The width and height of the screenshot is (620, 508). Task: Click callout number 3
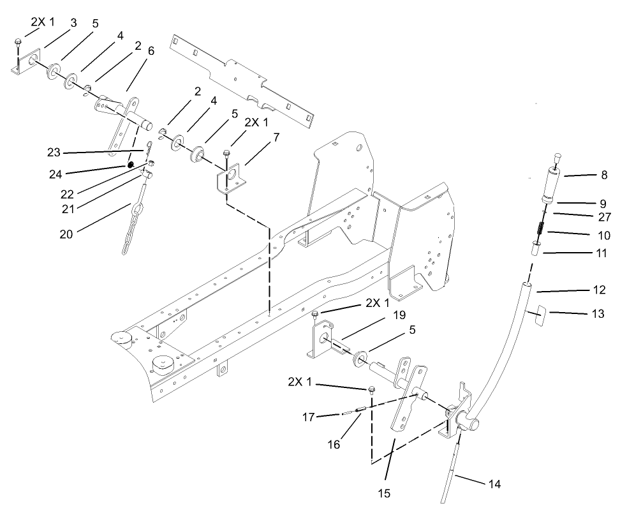pos(73,24)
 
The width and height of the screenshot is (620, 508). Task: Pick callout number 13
pos(605,313)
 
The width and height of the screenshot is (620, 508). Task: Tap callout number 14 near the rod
pos(495,484)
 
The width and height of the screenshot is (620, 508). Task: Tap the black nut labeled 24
pos(130,166)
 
